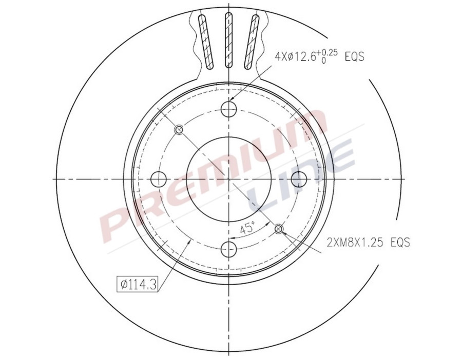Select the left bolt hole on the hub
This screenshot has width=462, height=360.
point(160,179)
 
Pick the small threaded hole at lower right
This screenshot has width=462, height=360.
point(279,228)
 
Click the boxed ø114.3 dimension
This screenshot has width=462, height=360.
point(137,284)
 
